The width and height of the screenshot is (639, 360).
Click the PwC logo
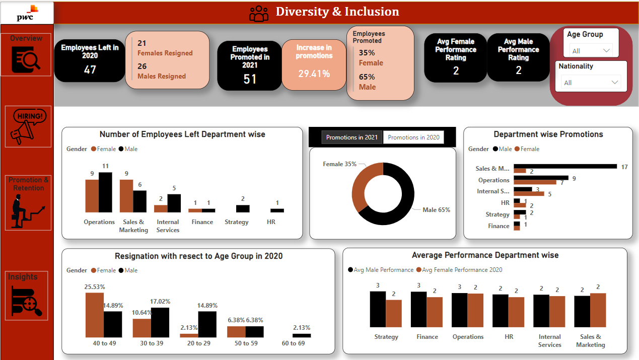27,13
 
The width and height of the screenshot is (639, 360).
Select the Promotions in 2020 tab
413,137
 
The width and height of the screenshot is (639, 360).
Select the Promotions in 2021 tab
351,137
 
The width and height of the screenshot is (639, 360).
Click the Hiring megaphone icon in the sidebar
29,126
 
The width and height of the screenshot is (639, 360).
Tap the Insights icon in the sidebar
28,301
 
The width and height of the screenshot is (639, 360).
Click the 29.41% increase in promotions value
314,74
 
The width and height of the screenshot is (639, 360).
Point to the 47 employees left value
90,70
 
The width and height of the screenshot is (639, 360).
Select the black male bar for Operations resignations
105,192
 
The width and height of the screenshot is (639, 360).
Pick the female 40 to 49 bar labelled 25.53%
95,315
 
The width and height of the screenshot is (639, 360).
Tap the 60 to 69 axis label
293,343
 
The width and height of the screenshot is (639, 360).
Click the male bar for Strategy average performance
377,309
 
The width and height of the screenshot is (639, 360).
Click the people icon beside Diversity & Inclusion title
259,13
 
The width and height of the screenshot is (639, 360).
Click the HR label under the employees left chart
270,222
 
